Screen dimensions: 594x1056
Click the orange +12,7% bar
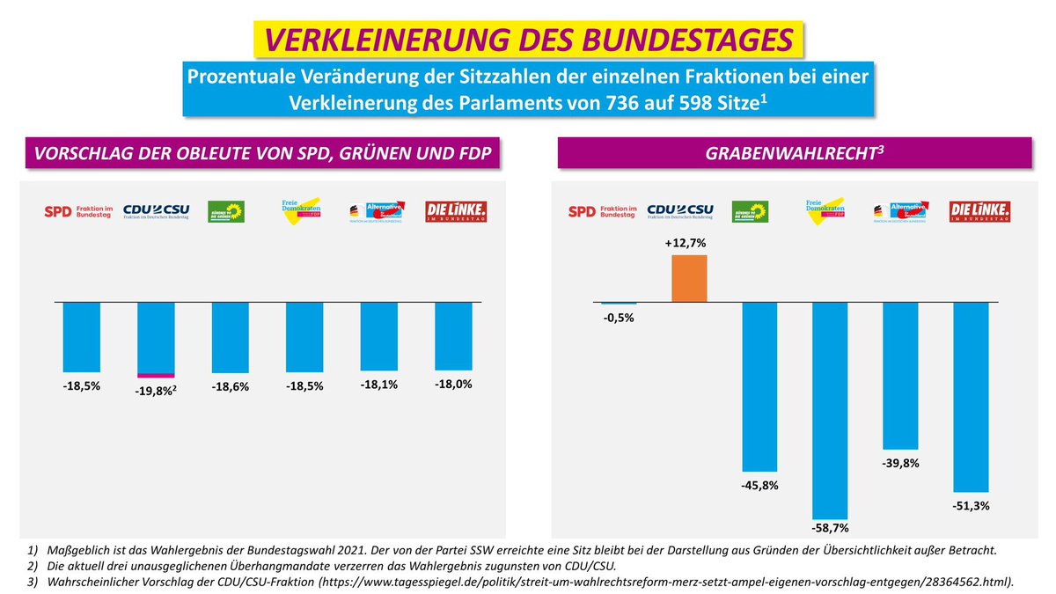[689, 278]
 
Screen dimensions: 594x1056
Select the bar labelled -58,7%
[830, 410]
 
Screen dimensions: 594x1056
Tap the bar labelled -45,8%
[759, 386]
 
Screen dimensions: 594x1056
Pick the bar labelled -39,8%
[900, 376]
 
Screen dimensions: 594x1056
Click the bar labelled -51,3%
[971, 396]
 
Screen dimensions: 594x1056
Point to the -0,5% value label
[619, 318]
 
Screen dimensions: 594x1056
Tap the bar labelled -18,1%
[380, 335]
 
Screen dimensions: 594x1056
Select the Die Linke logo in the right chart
[979, 211]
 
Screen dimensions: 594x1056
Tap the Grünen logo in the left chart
[225, 211]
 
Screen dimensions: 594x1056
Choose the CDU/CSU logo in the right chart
[680, 211]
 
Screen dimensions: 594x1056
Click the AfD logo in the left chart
[380, 211]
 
